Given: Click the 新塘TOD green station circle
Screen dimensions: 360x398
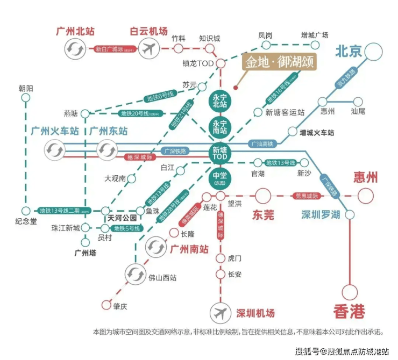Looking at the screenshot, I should point(219,155).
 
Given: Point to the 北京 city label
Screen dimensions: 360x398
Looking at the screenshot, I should point(348,52).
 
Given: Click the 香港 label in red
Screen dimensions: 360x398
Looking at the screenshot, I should point(349,312).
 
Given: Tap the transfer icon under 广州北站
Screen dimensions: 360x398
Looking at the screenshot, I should point(74,49).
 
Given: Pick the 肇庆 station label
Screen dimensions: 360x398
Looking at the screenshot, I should point(120,306).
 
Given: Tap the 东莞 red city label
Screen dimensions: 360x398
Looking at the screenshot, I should point(264,215).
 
